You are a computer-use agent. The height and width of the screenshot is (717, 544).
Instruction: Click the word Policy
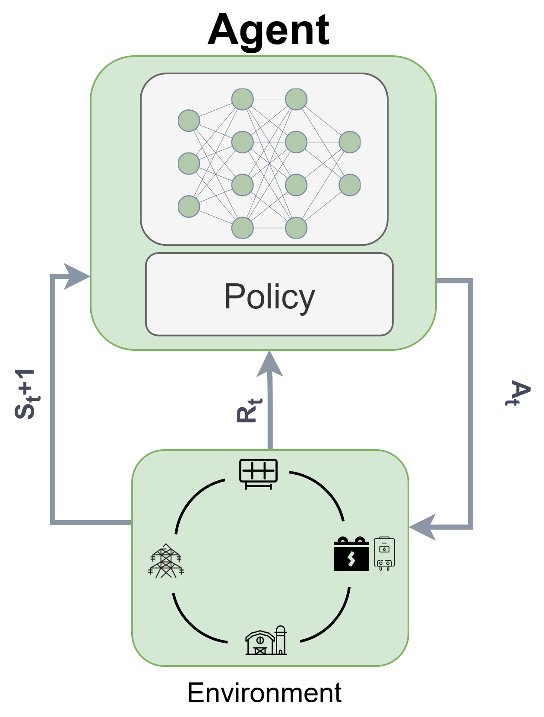click(269, 296)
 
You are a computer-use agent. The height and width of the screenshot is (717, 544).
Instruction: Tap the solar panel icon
click(258, 473)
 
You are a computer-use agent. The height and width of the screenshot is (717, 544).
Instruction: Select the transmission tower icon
click(166, 561)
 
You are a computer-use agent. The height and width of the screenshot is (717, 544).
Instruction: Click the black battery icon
click(351, 555)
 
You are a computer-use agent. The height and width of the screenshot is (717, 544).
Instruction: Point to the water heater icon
click(384, 554)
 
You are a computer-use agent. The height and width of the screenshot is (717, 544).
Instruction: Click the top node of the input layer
click(189, 121)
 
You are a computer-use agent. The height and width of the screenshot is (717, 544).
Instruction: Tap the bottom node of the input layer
click(189, 206)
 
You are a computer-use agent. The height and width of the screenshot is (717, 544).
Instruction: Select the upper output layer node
click(350, 142)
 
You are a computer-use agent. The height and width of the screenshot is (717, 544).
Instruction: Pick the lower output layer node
click(350, 185)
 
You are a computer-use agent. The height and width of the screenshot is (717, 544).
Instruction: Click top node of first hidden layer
click(242, 99)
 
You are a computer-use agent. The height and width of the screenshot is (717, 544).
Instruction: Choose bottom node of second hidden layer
click(296, 228)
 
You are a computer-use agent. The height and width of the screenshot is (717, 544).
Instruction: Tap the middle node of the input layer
click(189, 163)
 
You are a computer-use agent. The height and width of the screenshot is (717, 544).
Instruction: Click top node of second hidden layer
click(296, 99)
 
